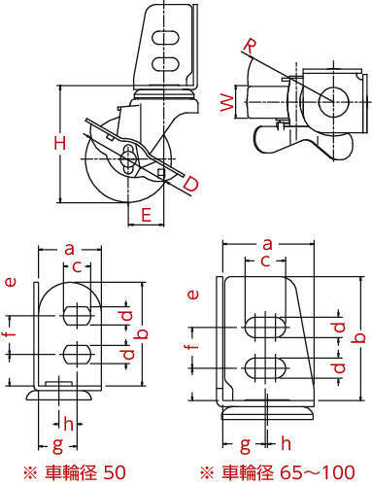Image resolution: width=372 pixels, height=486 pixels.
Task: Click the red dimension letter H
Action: point(60,143)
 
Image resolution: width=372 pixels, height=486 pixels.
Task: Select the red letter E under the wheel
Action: point(147,215)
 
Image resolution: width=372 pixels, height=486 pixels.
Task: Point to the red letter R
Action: point(250,47)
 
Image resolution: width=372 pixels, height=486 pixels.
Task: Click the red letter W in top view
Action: point(227,103)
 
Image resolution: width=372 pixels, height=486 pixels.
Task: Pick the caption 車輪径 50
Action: point(85,472)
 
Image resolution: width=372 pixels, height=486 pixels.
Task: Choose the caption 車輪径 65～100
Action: point(288,472)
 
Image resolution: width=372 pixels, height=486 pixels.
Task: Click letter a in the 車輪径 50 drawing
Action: point(69,249)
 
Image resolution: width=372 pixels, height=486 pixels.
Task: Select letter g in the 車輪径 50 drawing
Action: point(57,446)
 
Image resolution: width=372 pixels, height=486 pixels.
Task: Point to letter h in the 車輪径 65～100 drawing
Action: point(286,443)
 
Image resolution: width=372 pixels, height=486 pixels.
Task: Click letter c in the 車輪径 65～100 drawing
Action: point(265,260)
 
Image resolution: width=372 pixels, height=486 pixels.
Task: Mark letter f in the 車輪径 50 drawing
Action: point(12,332)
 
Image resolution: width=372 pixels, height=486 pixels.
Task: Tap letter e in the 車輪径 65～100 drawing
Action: point(193,295)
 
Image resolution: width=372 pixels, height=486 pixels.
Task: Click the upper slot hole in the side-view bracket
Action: point(165,38)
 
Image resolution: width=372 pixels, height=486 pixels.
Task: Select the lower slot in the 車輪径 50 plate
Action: point(77,354)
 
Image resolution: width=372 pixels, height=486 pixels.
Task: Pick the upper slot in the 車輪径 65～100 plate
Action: point(265,327)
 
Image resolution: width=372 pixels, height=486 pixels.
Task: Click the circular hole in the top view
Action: point(333,101)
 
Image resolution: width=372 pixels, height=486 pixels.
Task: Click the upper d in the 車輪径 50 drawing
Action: point(127,315)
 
